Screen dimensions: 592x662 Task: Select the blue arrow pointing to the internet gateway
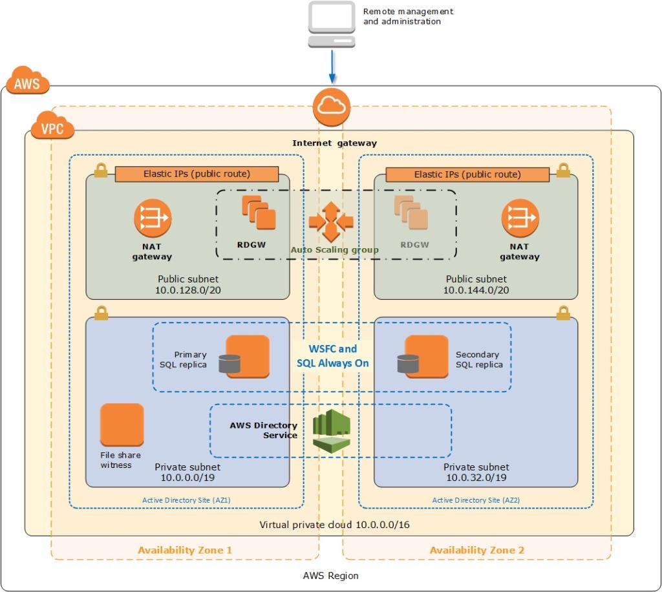pos(332,67)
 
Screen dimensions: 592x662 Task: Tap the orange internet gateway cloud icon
pos(332,107)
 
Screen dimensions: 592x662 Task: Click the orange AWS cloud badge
pos(28,81)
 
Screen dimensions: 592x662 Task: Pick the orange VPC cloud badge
pos(52,127)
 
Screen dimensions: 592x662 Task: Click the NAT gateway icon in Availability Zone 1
pos(153,218)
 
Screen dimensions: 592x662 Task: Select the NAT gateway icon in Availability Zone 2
pos(520,218)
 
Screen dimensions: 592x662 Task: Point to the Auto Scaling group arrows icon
pos(331,222)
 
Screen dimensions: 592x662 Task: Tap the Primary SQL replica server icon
pos(246,357)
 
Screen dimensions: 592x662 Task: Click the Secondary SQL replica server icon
pos(424,357)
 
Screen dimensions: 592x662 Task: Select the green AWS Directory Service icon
pos(331,430)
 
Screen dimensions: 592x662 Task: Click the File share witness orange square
pos(122,425)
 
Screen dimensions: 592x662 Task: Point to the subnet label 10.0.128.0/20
pos(187,290)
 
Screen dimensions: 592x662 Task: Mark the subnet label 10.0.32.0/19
pos(476,477)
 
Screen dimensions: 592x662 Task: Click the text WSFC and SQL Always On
pos(332,356)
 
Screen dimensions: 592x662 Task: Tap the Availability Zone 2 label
pos(477,550)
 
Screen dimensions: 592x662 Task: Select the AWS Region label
pos(330,575)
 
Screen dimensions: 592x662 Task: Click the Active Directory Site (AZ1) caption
pos(186,500)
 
